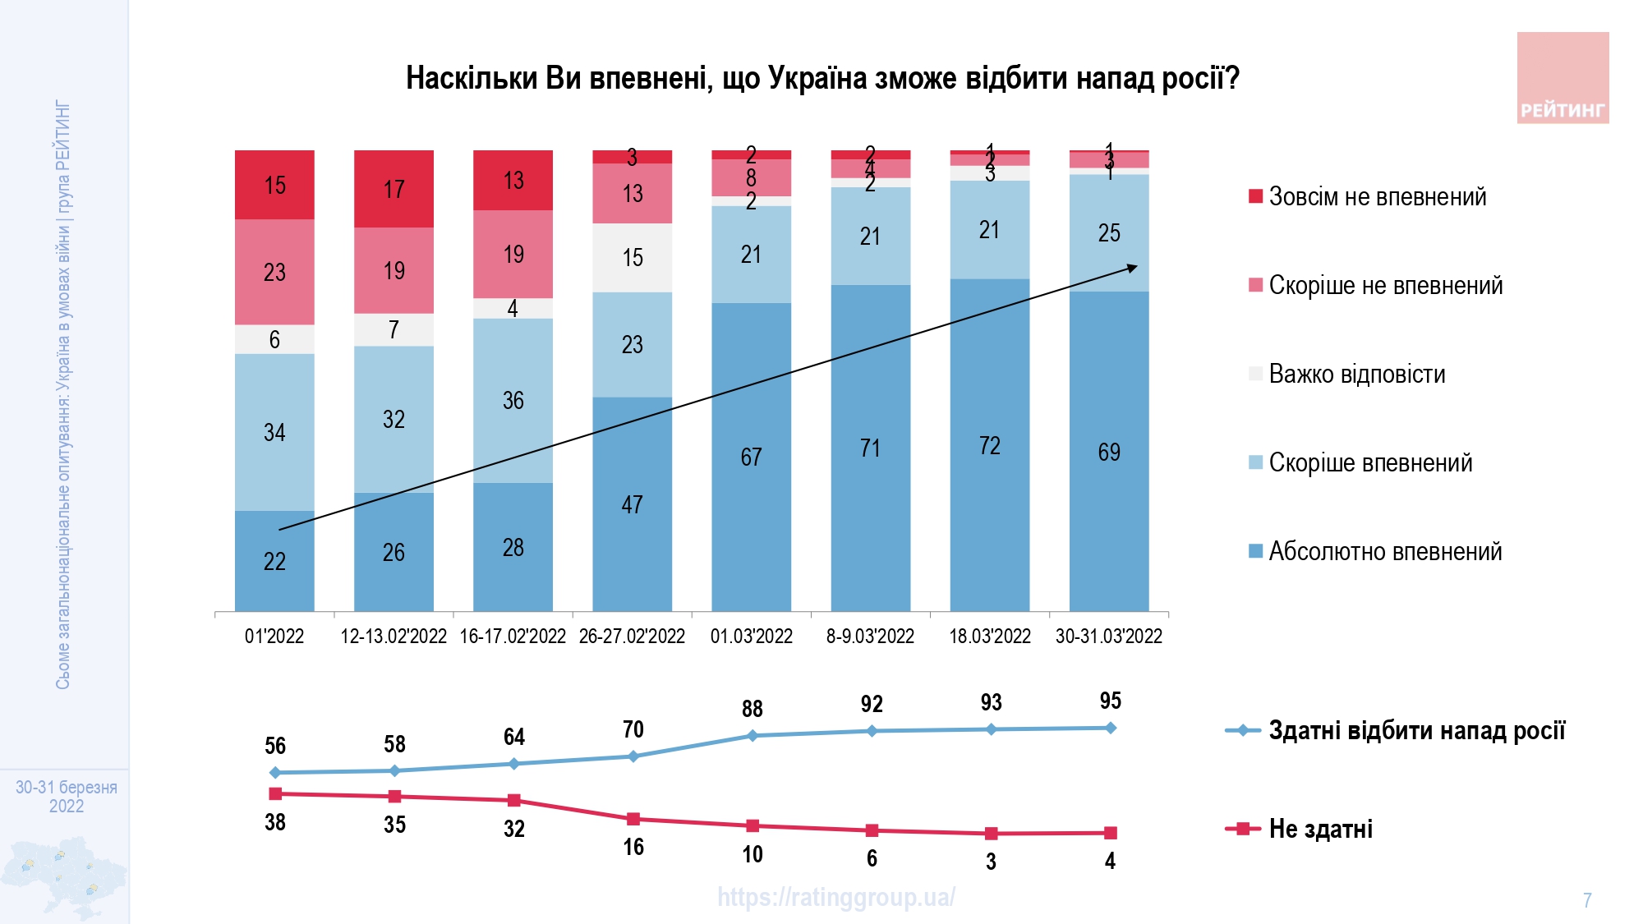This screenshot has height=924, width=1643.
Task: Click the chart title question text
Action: tap(822, 78)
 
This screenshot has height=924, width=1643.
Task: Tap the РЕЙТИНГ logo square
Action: tap(1562, 78)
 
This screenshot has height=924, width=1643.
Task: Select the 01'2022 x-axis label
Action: tap(274, 637)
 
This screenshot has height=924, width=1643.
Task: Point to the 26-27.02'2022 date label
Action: tap(632, 637)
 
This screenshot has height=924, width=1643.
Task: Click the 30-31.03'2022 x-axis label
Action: tap(1109, 637)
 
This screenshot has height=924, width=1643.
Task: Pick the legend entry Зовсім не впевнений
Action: tap(1377, 197)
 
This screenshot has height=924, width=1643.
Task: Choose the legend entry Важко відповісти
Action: tap(1356, 375)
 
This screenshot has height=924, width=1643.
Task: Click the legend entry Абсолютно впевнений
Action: tap(1385, 551)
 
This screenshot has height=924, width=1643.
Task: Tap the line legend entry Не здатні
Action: tap(1320, 829)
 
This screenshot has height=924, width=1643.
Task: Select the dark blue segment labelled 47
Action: tap(632, 504)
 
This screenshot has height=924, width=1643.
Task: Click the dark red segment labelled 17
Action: tap(393, 189)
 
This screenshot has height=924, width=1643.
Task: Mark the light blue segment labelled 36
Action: tap(513, 401)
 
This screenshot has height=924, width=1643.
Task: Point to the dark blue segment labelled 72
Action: tap(990, 445)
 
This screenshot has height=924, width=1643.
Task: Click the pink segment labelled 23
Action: tap(274, 272)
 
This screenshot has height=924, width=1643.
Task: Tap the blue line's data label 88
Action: tap(752, 709)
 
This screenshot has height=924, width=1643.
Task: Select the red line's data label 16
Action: tap(633, 847)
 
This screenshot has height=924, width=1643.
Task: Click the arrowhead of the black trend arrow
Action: tap(1133, 267)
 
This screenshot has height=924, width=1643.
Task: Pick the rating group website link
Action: tap(836, 897)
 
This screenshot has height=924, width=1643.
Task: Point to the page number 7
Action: tap(1587, 900)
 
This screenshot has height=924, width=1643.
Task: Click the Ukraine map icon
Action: tap(64, 875)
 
